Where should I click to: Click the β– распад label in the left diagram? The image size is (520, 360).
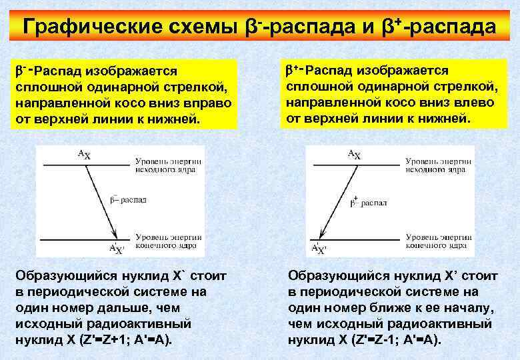[x=127, y=198]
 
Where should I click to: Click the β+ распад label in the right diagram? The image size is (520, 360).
[x=369, y=200]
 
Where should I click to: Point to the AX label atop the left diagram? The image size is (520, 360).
[x=84, y=155]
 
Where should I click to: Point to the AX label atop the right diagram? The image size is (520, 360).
[x=354, y=155]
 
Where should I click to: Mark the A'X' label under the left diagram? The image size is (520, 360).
[x=116, y=249]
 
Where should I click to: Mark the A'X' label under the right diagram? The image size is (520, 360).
[x=319, y=249]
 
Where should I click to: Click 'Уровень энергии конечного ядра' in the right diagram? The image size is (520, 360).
[x=437, y=241]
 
